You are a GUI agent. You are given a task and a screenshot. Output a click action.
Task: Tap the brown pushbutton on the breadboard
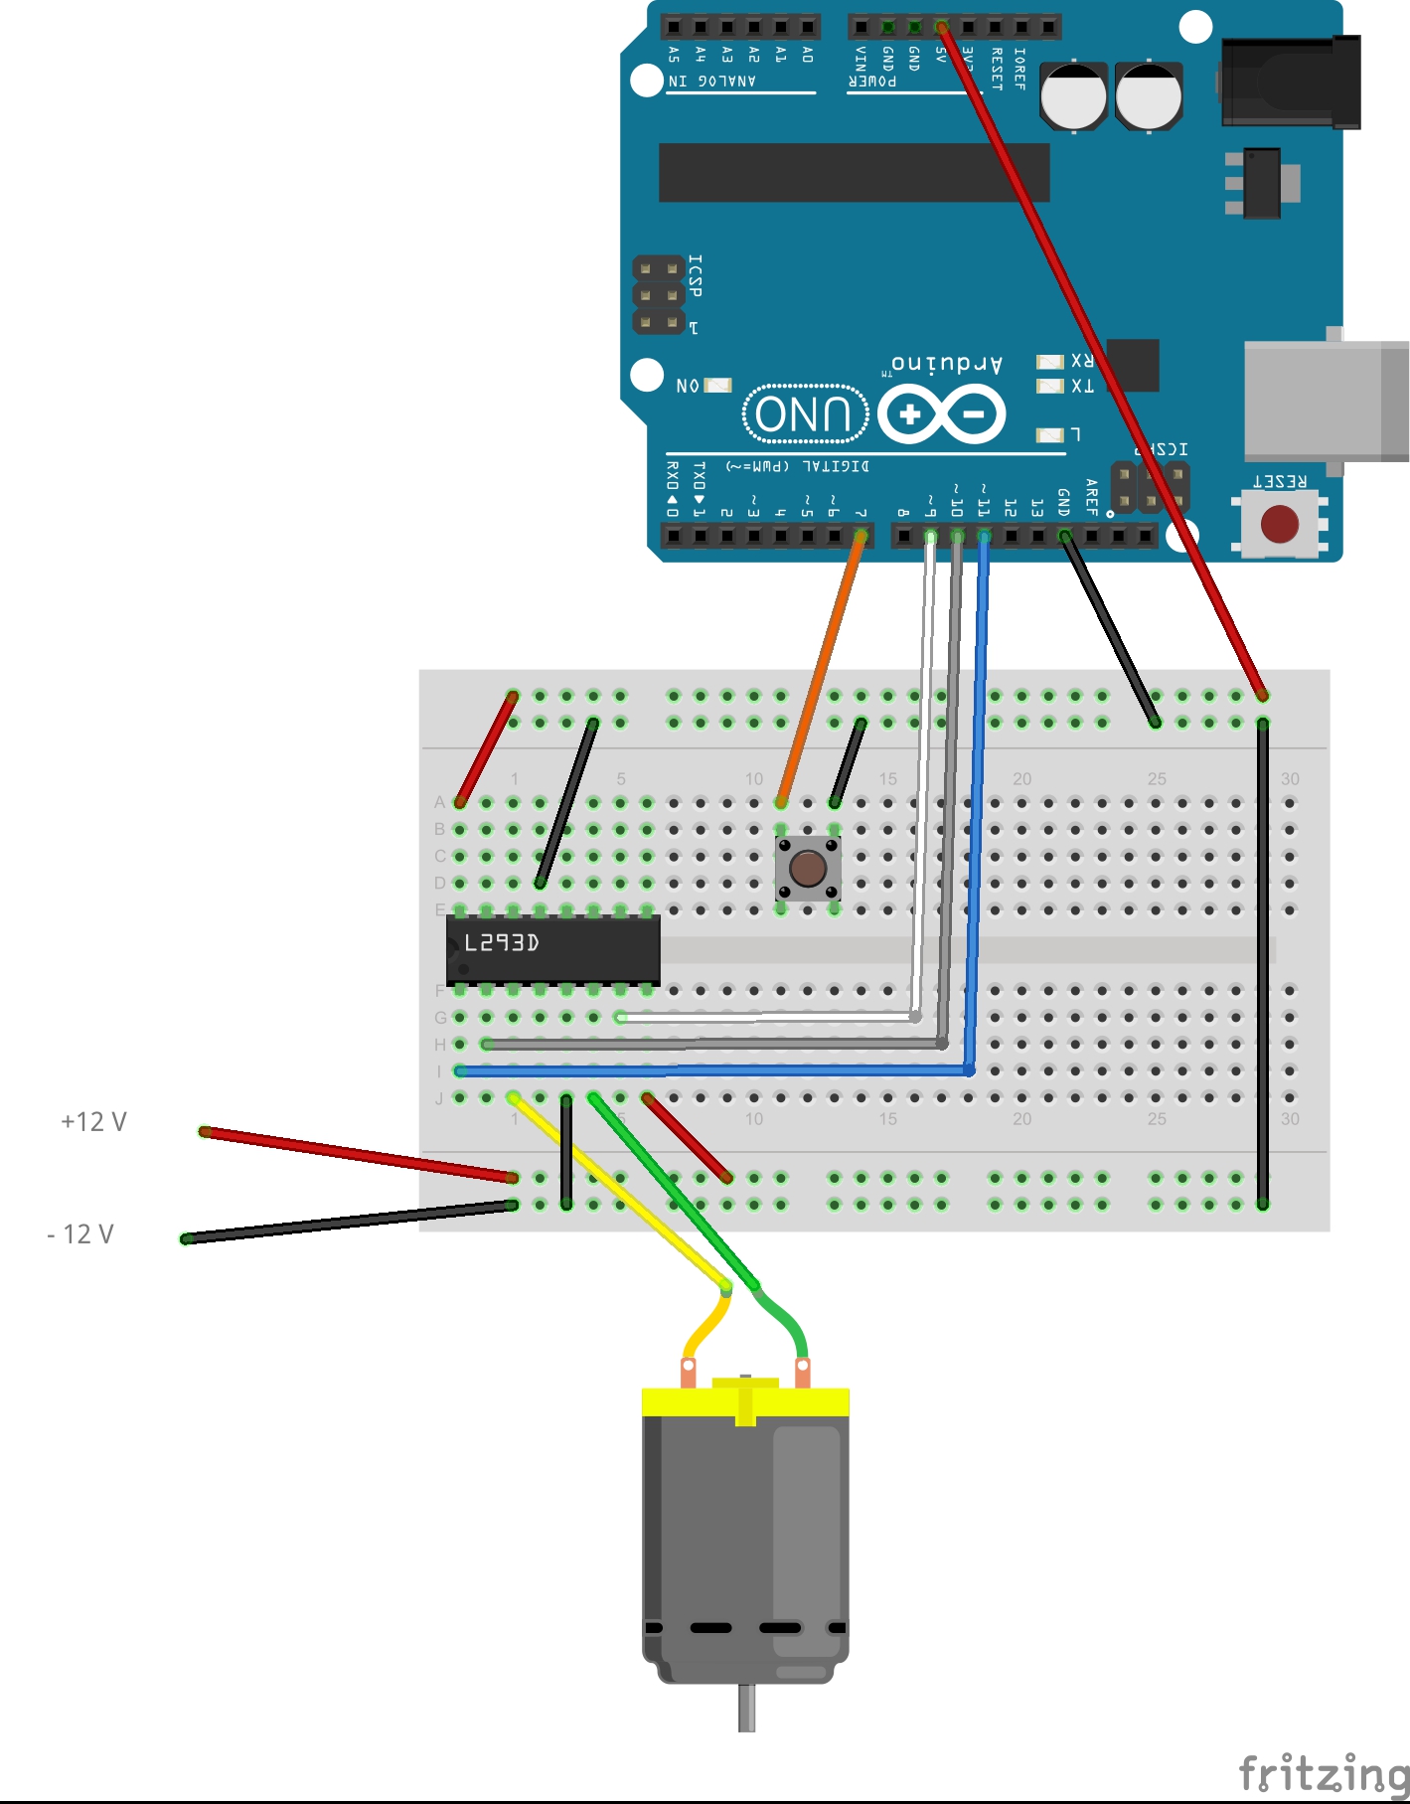click(807, 868)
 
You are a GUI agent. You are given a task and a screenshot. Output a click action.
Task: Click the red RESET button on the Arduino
click(1279, 524)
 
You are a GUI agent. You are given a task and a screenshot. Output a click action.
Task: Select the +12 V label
click(93, 1122)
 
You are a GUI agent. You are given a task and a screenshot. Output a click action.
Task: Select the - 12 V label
click(80, 1234)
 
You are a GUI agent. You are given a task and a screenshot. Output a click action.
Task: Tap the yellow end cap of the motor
click(745, 1401)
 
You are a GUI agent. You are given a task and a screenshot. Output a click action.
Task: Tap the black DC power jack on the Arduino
click(1290, 83)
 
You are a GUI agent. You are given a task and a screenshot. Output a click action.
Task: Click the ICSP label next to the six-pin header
click(695, 275)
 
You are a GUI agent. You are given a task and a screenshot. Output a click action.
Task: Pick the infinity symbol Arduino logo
click(941, 414)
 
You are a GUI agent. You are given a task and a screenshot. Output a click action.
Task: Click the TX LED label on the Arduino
click(1082, 386)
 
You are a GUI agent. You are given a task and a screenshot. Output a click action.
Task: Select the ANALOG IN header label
click(711, 81)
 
